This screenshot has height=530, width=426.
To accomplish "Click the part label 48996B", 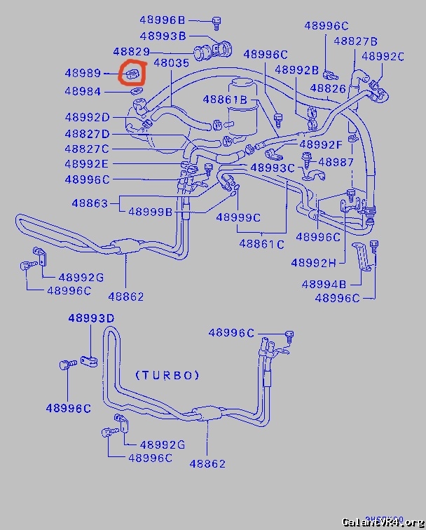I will pyautogui.click(x=163, y=20).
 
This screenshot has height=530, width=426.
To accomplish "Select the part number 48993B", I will pyautogui.click(x=163, y=36).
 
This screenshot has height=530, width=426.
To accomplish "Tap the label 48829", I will pyautogui.click(x=132, y=52).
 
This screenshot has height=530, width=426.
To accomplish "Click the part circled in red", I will pyautogui.click(x=132, y=73).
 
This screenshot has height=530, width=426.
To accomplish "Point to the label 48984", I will pyautogui.click(x=83, y=91).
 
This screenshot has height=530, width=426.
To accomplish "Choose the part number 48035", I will pyautogui.click(x=172, y=63).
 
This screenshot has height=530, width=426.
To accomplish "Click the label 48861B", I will pyautogui.click(x=225, y=100).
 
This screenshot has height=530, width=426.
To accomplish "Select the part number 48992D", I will pyautogui.click(x=87, y=117).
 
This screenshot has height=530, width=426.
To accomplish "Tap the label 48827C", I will pyautogui.click(x=87, y=149).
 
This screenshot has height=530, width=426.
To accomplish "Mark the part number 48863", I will pyautogui.click(x=90, y=203).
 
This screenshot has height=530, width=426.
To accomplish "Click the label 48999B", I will pyautogui.click(x=150, y=212).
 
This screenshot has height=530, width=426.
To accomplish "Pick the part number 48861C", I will pyautogui.click(x=261, y=244).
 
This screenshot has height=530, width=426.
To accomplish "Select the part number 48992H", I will pyautogui.click(x=313, y=262).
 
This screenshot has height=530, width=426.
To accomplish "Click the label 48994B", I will pyautogui.click(x=324, y=284).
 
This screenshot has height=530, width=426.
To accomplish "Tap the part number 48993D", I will pyautogui.click(x=91, y=318).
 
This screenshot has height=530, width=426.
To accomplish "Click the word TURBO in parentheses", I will pyautogui.click(x=167, y=375).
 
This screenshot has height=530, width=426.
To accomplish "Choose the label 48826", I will pyautogui.click(x=328, y=88).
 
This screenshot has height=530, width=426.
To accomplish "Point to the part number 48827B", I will pyautogui.click(x=356, y=41).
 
